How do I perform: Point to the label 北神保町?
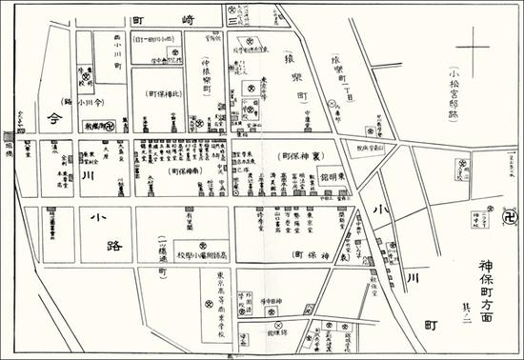tap(166, 95)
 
